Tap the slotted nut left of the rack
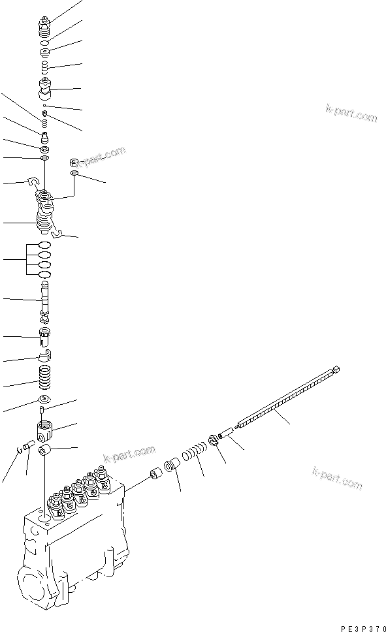[216, 442]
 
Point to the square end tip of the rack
[336, 370]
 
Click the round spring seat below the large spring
[44, 400]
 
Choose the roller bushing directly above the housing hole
[45, 451]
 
